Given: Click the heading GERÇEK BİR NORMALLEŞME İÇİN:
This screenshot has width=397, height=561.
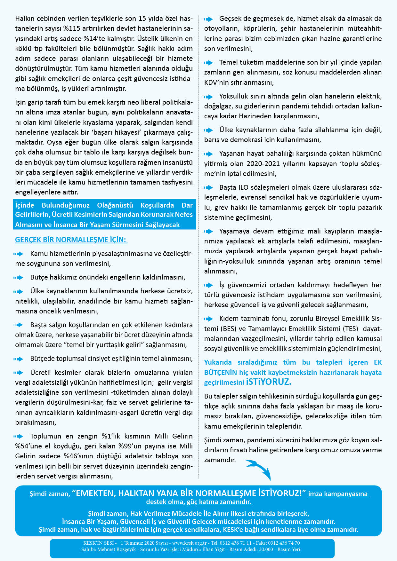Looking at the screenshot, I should click(x=71, y=240).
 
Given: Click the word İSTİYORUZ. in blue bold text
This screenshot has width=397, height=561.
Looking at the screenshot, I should click(x=268, y=382).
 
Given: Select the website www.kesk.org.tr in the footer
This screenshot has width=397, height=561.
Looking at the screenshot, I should click(x=189, y=543).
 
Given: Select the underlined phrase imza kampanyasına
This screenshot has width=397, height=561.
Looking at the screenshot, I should click(x=338, y=494).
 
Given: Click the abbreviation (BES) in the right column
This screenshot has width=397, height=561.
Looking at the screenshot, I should click(x=228, y=328).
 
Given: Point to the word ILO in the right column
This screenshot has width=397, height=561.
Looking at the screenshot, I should click(x=243, y=187).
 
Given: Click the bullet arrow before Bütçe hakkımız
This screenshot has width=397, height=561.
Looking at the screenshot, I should click(x=18, y=277).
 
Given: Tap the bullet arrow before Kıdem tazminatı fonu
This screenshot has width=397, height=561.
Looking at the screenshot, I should click(x=207, y=319).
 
